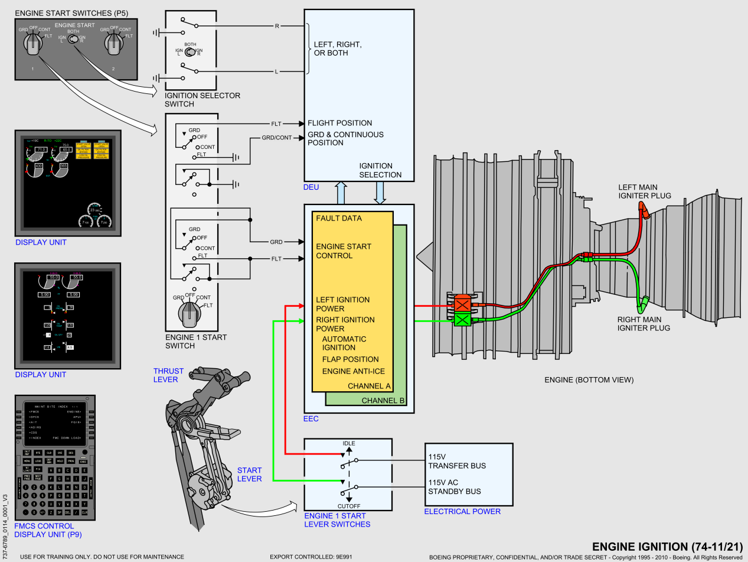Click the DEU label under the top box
[311, 187]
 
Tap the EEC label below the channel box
[311, 419]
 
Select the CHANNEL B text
[383, 401]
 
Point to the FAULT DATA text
[339, 218]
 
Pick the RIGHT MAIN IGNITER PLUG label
[644, 323]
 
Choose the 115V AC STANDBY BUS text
[455, 486]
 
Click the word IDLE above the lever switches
[349, 443]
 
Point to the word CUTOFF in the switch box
[349, 506]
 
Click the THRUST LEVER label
[168, 375]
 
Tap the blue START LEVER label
[249, 475]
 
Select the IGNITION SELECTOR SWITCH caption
[202, 100]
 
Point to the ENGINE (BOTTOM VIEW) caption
[589, 380]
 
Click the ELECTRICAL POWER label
[462, 511]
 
